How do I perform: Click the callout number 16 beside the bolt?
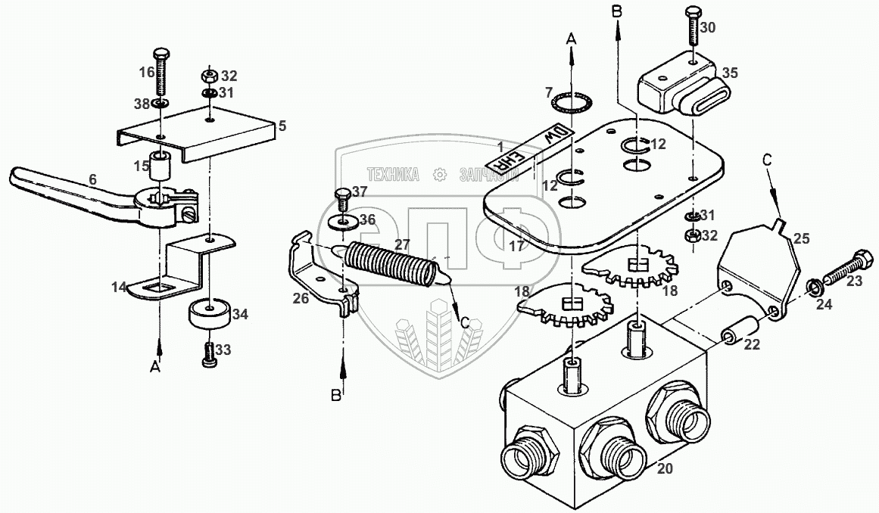point(146,72)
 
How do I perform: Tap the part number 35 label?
point(729,74)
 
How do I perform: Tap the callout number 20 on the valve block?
point(665,468)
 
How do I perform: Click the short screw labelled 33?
point(209,354)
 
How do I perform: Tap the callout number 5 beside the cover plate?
point(282,127)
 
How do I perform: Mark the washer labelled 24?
point(813,288)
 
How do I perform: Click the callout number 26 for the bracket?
point(302,298)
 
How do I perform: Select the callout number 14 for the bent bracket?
point(120,287)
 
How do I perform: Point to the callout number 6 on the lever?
point(92,180)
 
